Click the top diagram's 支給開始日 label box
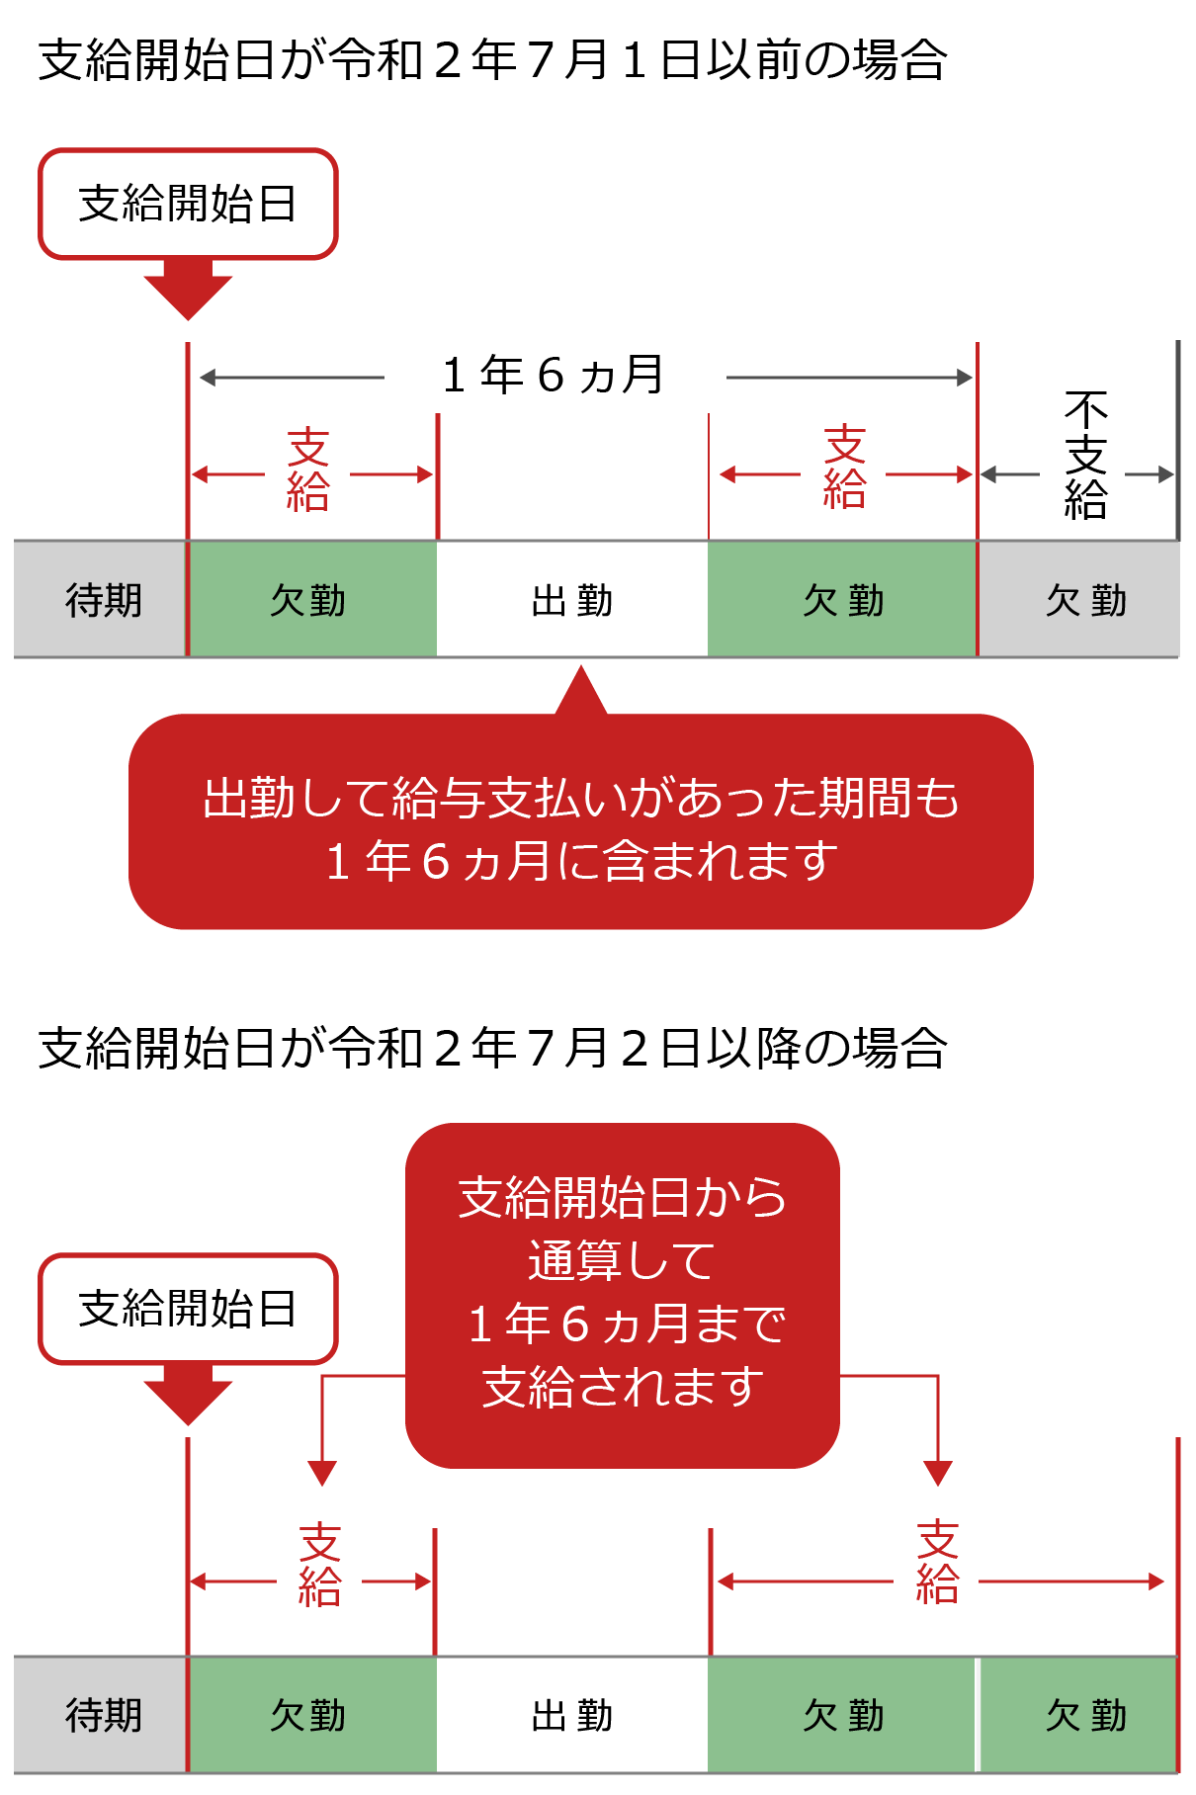tap(188, 204)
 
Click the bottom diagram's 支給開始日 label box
tap(188, 1309)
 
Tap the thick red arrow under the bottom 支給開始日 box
tap(188, 1395)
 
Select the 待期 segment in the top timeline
tap(101, 600)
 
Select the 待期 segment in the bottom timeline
tap(101, 1715)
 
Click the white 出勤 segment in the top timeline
tap(572, 600)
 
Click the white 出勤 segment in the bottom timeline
tap(572, 1715)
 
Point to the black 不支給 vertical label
tap(1085, 455)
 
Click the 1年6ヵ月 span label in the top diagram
tap(554, 376)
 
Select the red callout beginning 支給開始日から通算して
tap(623, 1295)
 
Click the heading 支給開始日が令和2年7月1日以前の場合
tap(492, 59)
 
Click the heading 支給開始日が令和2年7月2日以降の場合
tap(492, 1048)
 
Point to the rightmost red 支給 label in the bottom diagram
tap(937, 1562)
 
